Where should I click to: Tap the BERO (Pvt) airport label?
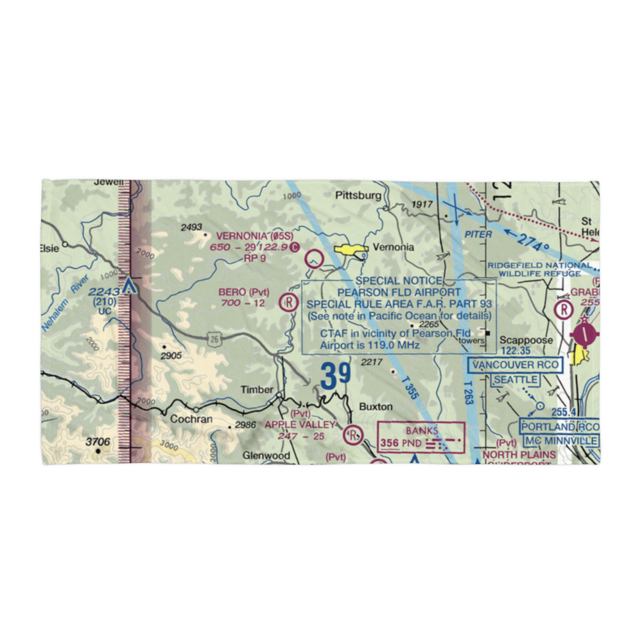pyautogui.click(x=244, y=291)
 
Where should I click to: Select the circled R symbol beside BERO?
pyautogui.click(x=290, y=300)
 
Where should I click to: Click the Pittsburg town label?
pyautogui.click(x=358, y=195)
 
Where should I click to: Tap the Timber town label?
pyautogui.click(x=257, y=390)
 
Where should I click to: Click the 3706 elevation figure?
pyautogui.click(x=99, y=442)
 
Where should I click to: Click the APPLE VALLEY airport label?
pyautogui.click(x=300, y=424)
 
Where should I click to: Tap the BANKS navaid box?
pyautogui.click(x=421, y=437)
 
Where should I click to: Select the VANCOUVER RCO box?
pyautogui.click(x=516, y=366)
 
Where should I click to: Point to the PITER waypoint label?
pyautogui.click(x=478, y=234)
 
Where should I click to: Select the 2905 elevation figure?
pyautogui.click(x=171, y=356)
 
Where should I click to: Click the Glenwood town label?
pyautogui.click(x=266, y=456)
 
